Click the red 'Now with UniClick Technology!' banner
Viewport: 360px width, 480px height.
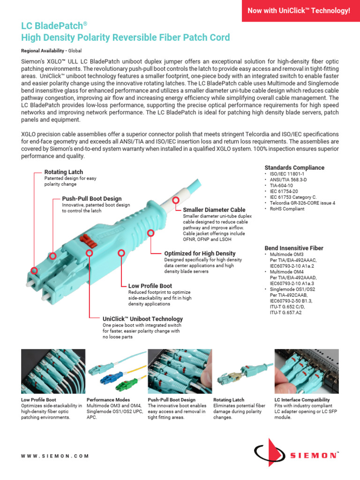[x=300, y=10]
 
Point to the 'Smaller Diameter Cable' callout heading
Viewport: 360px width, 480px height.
[x=214, y=210]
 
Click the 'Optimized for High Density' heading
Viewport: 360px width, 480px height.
[x=200, y=253]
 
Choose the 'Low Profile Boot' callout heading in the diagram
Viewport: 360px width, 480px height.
[x=150, y=285]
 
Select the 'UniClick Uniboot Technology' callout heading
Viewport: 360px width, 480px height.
[x=142, y=319]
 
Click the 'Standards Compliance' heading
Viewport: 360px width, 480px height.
[x=294, y=168]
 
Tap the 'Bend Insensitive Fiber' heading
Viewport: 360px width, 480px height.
[x=294, y=248]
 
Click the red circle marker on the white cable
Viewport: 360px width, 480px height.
[x=176, y=200]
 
